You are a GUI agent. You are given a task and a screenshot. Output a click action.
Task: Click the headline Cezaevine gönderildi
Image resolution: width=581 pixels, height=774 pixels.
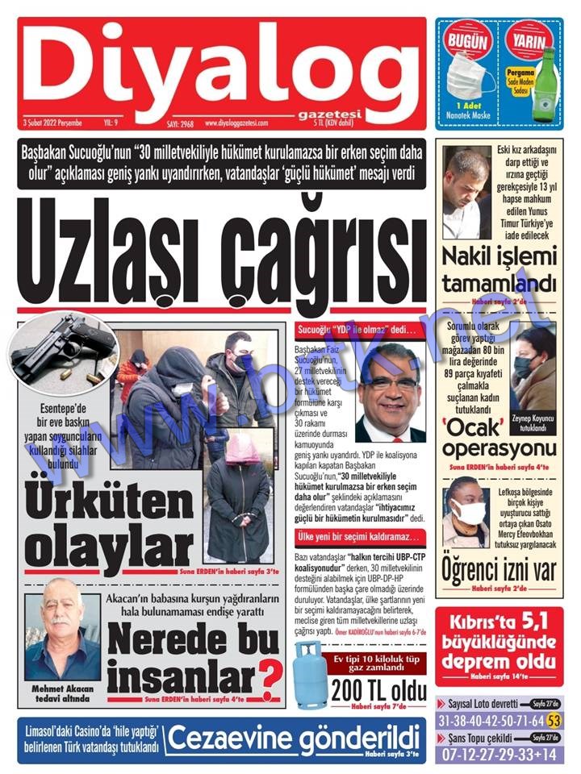[x=295, y=739]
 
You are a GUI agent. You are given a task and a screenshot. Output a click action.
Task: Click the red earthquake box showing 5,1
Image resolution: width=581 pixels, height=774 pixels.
[x=499, y=646]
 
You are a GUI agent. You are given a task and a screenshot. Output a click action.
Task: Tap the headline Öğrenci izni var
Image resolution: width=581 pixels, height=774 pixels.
[x=499, y=571]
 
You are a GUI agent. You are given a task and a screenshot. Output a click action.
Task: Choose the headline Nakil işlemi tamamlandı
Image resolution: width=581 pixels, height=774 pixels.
[x=499, y=270]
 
